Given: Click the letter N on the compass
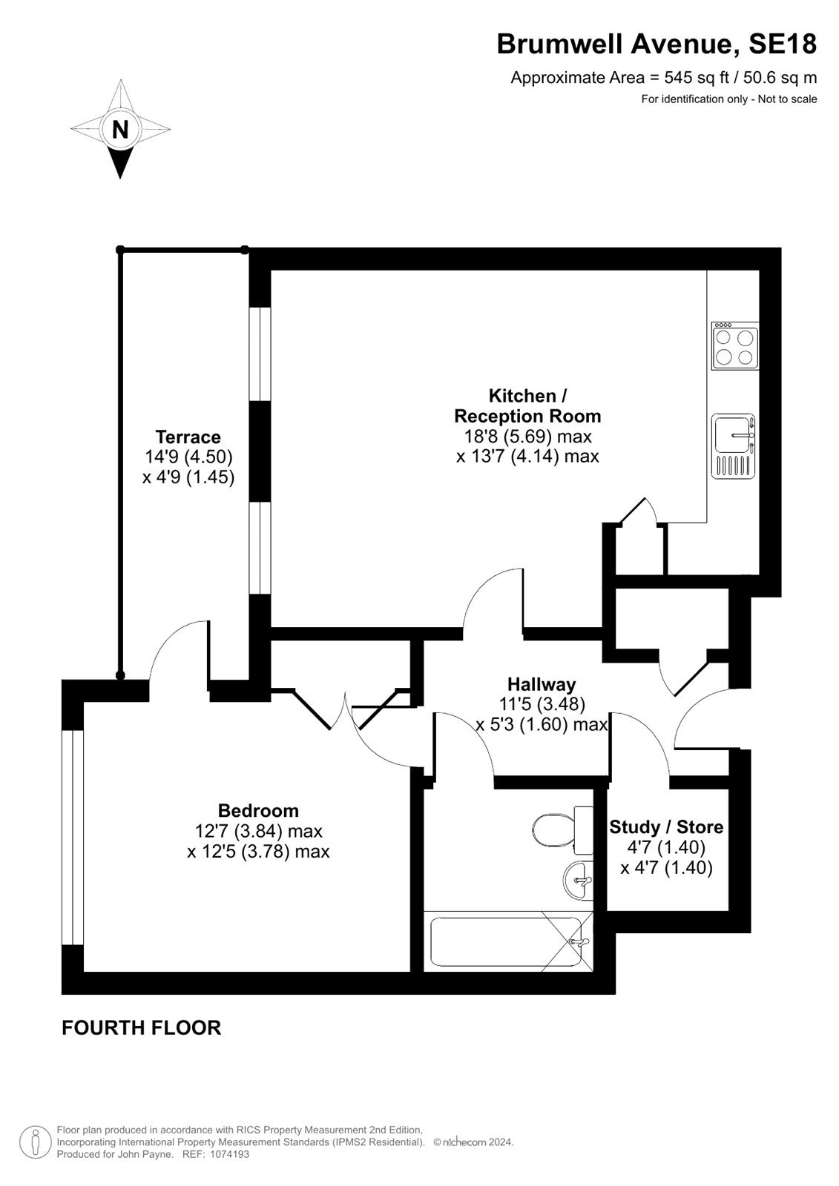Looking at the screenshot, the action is point(120,129).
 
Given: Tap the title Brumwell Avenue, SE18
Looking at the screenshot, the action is point(657,44).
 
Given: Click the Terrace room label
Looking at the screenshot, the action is point(188,437).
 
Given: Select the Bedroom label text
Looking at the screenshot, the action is point(259,811).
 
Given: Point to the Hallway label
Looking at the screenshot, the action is point(542,685).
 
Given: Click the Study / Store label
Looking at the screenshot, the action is point(666,827).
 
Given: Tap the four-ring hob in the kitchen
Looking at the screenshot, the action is point(734,346).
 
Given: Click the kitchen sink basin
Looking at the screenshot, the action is point(734,445).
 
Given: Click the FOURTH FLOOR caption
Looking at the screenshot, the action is point(142,1027).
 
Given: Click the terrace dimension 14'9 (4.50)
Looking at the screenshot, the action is point(188,457).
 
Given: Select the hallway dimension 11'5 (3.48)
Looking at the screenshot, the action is point(542,704).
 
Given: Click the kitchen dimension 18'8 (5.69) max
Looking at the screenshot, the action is point(528,437).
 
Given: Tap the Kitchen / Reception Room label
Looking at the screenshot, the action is point(528,405).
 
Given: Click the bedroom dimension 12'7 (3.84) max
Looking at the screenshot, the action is point(259,831).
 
